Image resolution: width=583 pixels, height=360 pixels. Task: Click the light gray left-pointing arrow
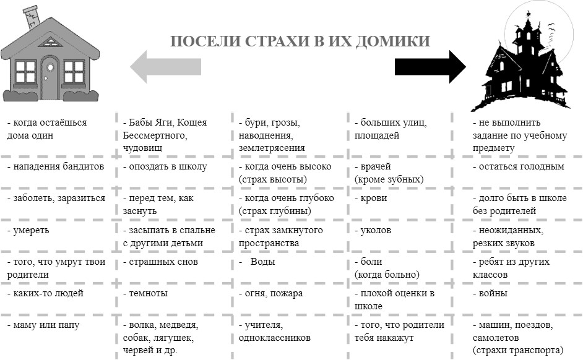tap(165, 67)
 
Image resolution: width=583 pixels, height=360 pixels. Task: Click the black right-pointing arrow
tap(430, 67)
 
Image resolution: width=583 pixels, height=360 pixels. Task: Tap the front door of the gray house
tap(50, 77)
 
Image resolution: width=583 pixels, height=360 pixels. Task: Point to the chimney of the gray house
tap(32, 16)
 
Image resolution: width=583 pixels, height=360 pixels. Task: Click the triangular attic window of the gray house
tap(50, 42)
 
